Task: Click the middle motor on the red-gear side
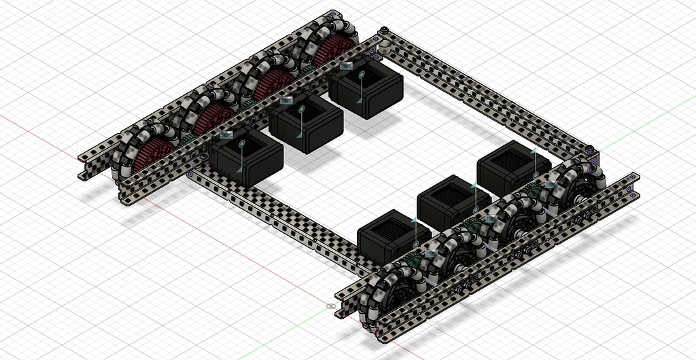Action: pyautogui.click(x=305, y=123)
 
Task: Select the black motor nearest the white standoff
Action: pyautogui.click(x=366, y=89)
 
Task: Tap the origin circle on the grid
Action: pyautogui.click(x=331, y=306)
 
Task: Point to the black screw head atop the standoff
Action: pyautogui.click(x=385, y=30)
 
